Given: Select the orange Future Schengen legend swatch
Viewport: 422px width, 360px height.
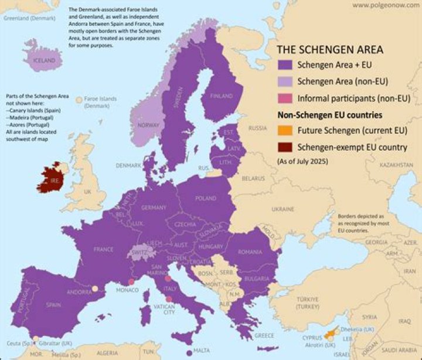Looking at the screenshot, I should (x=285, y=131).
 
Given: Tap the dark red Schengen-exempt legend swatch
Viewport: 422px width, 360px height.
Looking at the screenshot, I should (x=285, y=147).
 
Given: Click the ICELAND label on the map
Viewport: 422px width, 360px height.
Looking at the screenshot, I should (x=44, y=60).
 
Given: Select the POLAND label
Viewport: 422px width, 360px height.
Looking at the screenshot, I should (x=206, y=198).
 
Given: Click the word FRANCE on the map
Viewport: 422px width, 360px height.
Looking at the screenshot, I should (x=103, y=249).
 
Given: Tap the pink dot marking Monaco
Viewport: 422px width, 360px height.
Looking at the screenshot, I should (x=131, y=282).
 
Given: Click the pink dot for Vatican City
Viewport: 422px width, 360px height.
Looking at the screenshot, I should (x=169, y=300).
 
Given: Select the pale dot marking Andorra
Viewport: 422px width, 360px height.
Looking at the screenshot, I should (x=94, y=289).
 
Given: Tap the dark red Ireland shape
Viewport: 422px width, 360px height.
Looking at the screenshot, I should (x=52, y=178).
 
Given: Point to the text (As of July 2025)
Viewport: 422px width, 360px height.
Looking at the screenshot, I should (x=303, y=159).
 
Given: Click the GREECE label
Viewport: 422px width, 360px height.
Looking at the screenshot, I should (x=264, y=335).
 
